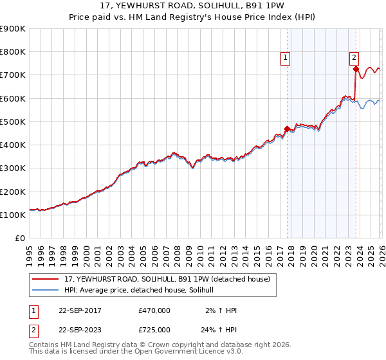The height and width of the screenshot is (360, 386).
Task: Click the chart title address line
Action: click(x=193, y=5)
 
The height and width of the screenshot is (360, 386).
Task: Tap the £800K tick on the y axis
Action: click(x=13, y=52)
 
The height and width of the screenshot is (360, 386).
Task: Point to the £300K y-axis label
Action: click(x=13, y=168)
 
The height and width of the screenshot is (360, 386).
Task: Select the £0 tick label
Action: click(x=19, y=239)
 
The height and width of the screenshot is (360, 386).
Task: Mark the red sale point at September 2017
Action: click(x=287, y=129)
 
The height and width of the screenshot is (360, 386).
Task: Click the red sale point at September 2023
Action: click(x=356, y=69)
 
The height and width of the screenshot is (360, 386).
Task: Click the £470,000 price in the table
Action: click(x=154, y=310)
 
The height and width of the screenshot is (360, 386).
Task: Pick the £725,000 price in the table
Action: click(x=154, y=330)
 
